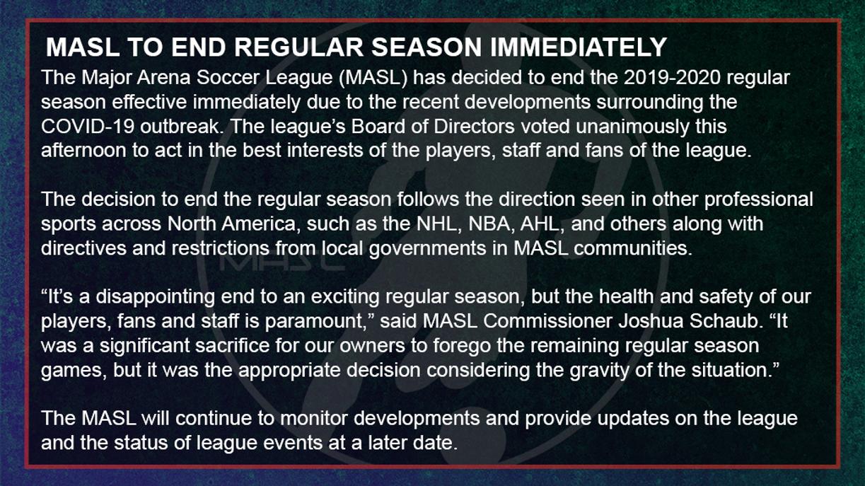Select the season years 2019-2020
(x=672, y=78)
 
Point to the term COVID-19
(x=87, y=127)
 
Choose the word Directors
(x=474, y=127)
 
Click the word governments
(x=427, y=249)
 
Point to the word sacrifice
(x=232, y=346)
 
